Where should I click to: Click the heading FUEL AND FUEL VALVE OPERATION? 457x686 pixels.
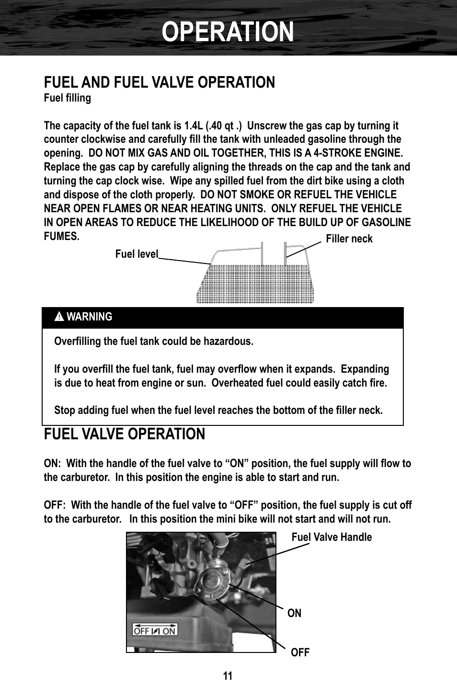click(x=160, y=82)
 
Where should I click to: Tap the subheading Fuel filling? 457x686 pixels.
click(x=67, y=98)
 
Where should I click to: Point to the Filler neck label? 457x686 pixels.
click(x=349, y=239)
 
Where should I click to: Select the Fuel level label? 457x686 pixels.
click(x=137, y=254)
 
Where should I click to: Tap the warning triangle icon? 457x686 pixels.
click(x=59, y=317)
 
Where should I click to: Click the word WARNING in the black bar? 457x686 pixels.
click(x=90, y=317)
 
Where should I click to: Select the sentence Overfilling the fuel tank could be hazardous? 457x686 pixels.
click(x=154, y=341)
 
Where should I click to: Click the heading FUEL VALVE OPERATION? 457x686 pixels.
click(x=125, y=434)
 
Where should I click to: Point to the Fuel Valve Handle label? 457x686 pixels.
click(x=331, y=537)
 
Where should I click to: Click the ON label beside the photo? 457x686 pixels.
click(x=294, y=613)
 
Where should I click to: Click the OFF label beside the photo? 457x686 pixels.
click(x=300, y=652)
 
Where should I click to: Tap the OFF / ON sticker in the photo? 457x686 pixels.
click(x=155, y=630)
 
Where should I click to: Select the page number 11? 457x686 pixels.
click(x=228, y=676)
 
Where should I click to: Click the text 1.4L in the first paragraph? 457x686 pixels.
click(x=194, y=126)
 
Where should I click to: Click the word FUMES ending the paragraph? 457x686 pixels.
click(x=60, y=236)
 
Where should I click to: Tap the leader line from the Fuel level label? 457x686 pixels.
click(x=184, y=261)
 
